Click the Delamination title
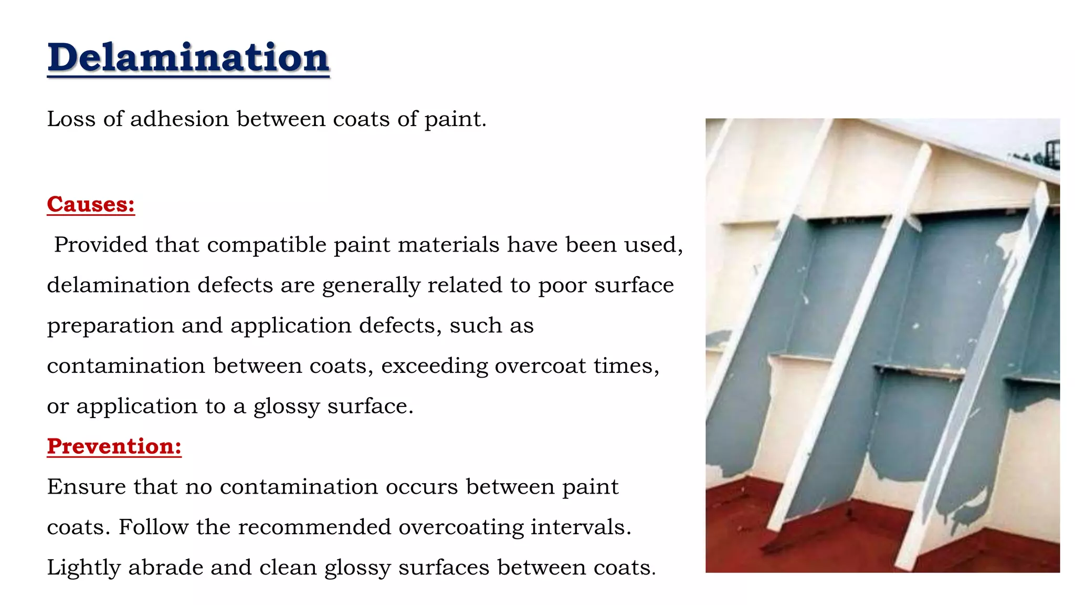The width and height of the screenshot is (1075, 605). (188, 57)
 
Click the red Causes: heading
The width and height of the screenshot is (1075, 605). (91, 204)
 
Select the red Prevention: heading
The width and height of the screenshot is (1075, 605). (114, 446)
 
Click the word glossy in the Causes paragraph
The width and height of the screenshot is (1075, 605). (287, 406)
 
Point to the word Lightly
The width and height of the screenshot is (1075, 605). (84, 568)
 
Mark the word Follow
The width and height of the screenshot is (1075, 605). (153, 527)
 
